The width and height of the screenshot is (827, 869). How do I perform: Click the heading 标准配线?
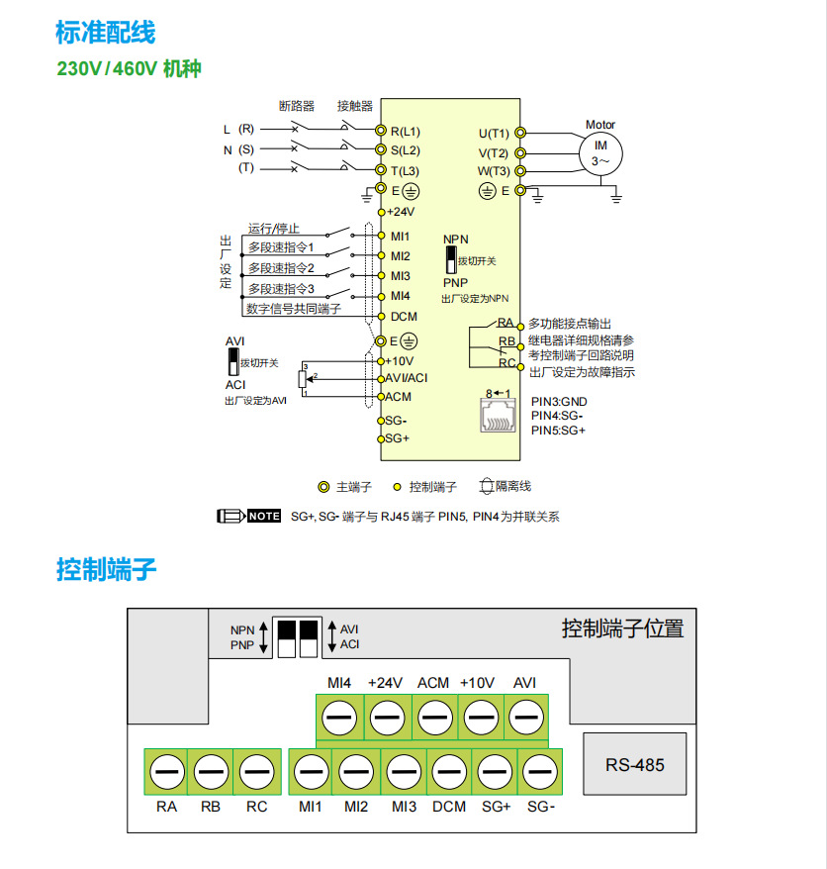(x=106, y=33)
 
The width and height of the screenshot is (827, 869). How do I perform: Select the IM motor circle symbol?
(x=599, y=152)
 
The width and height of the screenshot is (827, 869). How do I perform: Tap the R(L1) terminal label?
(x=405, y=131)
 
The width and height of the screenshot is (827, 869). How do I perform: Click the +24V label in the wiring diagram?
(x=400, y=212)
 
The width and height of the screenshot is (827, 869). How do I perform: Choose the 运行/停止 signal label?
(x=273, y=228)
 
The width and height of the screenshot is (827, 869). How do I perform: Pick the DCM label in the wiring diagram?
(x=404, y=317)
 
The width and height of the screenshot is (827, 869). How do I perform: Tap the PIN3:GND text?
(x=559, y=401)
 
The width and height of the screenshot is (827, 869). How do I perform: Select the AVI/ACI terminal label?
(x=407, y=378)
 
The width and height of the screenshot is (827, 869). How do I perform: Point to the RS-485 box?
(x=635, y=765)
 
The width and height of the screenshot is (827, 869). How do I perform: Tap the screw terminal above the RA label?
(x=166, y=770)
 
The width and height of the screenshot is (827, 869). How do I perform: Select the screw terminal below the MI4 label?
(x=339, y=715)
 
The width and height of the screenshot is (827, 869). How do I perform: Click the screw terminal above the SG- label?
(x=540, y=770)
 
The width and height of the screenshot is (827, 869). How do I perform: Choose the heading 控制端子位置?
(x=622, y=628)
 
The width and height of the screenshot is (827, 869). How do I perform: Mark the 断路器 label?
(x=297, y=105)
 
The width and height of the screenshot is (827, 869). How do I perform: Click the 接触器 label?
(x=354, y=105)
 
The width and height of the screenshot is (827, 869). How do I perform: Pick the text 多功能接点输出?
(x=569, y=324)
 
